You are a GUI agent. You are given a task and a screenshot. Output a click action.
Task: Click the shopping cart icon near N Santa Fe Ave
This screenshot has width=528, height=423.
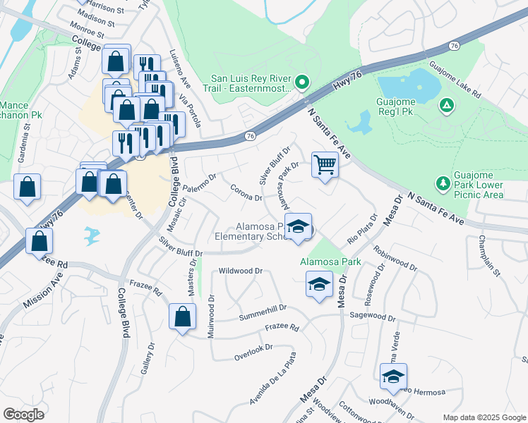(325, 165)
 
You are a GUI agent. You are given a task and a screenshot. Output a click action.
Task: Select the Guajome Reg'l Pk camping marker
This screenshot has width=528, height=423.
(446, 106)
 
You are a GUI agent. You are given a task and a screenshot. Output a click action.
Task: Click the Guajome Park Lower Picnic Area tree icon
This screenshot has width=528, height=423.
(443, 183)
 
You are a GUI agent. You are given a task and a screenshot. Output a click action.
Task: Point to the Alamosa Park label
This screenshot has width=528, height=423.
(330, 262)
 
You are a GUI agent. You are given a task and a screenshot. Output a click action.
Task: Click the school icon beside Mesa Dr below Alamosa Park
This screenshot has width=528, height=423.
(319, 284)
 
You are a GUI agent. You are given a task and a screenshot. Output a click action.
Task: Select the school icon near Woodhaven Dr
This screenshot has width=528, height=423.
(393, 376)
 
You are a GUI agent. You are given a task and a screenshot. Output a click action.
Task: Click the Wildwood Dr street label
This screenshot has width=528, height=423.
(241, 270)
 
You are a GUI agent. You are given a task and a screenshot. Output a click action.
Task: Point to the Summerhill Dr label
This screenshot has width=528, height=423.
(263, 307)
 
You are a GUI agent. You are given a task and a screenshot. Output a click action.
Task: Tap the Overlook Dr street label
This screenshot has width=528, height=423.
(253, 348)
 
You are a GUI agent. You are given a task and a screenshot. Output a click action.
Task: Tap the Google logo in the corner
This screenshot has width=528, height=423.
(23, 414)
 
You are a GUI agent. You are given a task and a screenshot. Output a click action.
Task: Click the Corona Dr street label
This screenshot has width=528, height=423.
(246, 192)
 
